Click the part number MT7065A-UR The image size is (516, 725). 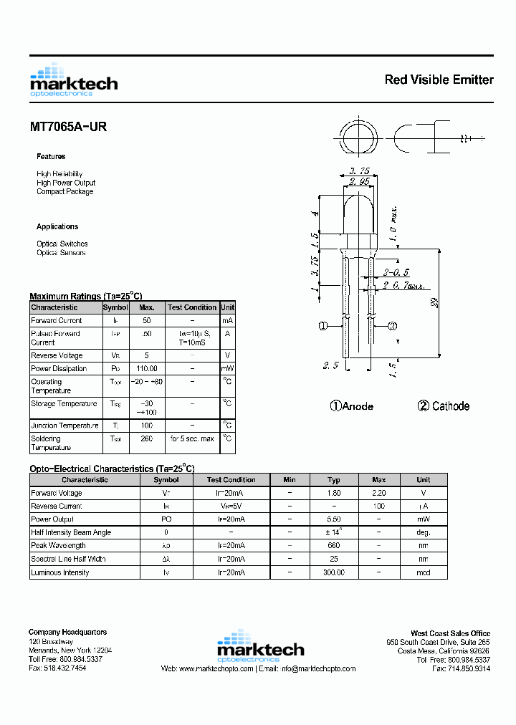[x=68, y=127]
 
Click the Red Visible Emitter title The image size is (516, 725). [x=439, y=80]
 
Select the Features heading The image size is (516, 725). [x=51, y=156]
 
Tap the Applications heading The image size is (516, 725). [x=57, y=226]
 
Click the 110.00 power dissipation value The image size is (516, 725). [x=147, y=368]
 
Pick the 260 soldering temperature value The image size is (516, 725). [x=147, y=438]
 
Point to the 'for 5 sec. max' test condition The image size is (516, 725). [x=192, y=438]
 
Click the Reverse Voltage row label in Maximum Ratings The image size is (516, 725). [x=57, y=355]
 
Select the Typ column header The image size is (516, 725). [x=334, y=480]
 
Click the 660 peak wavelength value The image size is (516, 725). [x=334, y=545]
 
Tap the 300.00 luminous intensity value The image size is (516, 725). [x=334, y=572]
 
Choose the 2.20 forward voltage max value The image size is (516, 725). [x=379, y=493]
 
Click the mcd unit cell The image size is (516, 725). [x=424, y=572]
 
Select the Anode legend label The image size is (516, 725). [x=352, y=406]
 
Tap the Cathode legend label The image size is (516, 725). [x=444, y=406]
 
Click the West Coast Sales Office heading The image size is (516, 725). [x=451, y=633]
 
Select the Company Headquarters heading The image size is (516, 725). [x=67, y=632]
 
